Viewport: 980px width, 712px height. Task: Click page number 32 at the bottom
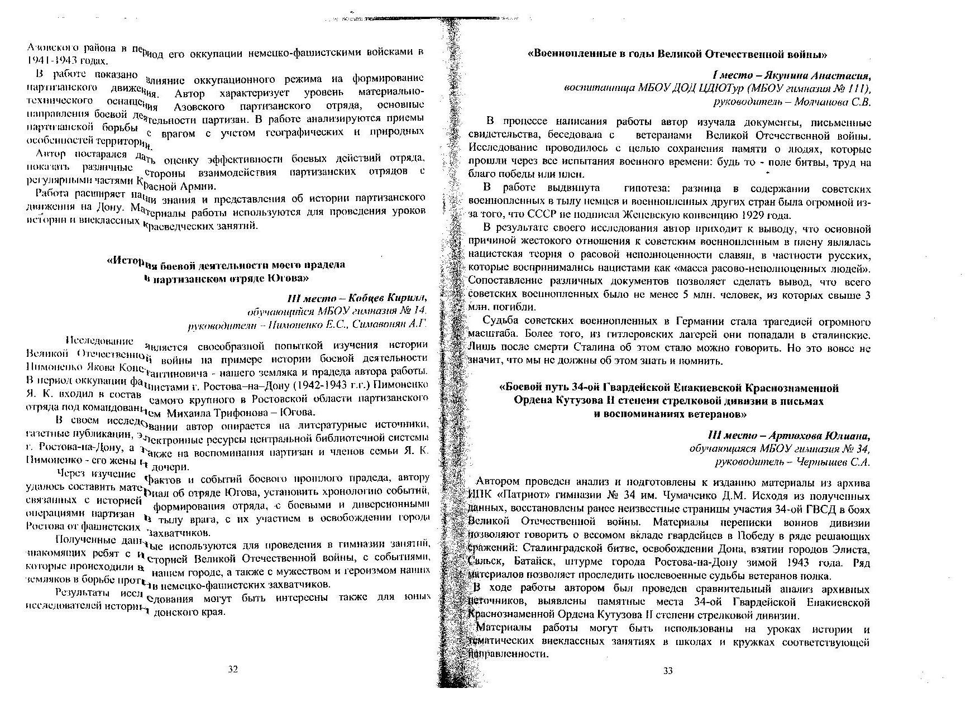pos(234,670)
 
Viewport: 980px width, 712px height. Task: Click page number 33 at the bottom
pos(668,671)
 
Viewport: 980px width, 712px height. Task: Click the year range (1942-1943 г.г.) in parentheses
pos(330,385)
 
